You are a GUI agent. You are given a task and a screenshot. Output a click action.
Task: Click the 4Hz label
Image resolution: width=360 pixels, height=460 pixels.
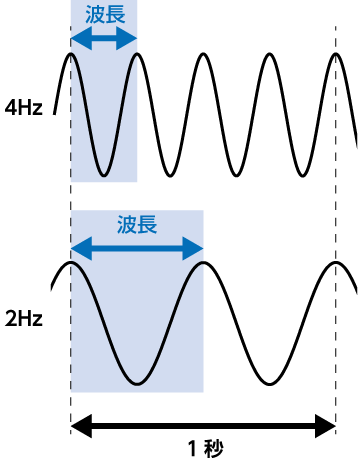click(x=23, y=108)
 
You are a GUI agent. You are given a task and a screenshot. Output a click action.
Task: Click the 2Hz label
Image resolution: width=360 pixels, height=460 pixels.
click(x=23, y=321)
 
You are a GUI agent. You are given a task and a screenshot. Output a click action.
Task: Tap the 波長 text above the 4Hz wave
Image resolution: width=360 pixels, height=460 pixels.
click(x=104, y=16)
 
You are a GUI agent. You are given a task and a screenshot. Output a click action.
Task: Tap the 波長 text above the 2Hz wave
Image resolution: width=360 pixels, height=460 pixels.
click(x=137, y=222)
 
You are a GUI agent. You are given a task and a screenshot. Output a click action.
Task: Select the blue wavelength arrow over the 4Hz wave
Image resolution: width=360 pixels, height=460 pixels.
click(x=104, y=39)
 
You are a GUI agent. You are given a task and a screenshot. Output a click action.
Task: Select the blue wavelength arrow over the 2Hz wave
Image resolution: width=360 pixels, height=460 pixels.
click(x=137, y=245)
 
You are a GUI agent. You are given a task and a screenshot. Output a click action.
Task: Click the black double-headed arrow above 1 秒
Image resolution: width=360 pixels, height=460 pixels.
click(x=203, y=425)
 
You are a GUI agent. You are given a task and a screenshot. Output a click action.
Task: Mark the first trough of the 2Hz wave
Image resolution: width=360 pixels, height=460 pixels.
click(x=137, y=382)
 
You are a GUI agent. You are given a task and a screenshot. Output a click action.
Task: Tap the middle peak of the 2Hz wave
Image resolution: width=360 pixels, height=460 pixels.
click(x=203, y=263)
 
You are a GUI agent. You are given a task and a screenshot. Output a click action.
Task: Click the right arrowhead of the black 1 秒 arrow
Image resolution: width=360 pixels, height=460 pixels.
click(x=329, y=425)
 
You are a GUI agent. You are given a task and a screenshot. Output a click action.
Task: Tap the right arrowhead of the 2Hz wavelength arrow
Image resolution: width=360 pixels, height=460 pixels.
click(x=197, y=245)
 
